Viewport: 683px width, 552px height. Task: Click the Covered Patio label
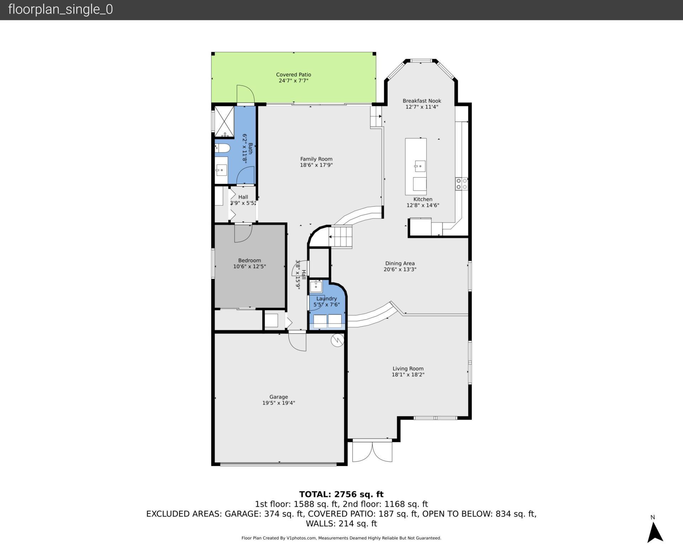coord(293,75)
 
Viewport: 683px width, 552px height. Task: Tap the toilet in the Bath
coord(222,148)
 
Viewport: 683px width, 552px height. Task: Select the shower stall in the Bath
coord(224,121)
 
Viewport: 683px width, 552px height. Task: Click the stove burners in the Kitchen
coord(461,184)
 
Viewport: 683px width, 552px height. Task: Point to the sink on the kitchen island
coord(420,166)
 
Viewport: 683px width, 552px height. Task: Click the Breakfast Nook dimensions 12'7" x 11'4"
coord(422,107)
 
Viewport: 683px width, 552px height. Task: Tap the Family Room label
coord(316,159)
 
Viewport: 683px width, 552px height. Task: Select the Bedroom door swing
coord(243,233)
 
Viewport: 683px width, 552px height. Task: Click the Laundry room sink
coord(316,286)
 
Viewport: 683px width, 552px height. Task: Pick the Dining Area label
coord(399,264)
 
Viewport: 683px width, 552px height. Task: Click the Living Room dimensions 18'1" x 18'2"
coord(408,375)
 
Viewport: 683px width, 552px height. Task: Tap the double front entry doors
coord(372,451)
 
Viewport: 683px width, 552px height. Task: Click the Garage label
coord(279,397)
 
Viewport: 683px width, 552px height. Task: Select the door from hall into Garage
coord(297,341)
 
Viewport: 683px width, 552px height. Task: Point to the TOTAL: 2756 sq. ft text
coord(341,494)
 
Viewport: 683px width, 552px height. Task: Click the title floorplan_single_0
coord(60,9)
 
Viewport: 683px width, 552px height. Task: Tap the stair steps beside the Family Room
coord(340,237)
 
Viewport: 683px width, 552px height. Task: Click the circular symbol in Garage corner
coord(337,340)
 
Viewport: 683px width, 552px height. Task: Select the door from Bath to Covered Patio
coord(245,95)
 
